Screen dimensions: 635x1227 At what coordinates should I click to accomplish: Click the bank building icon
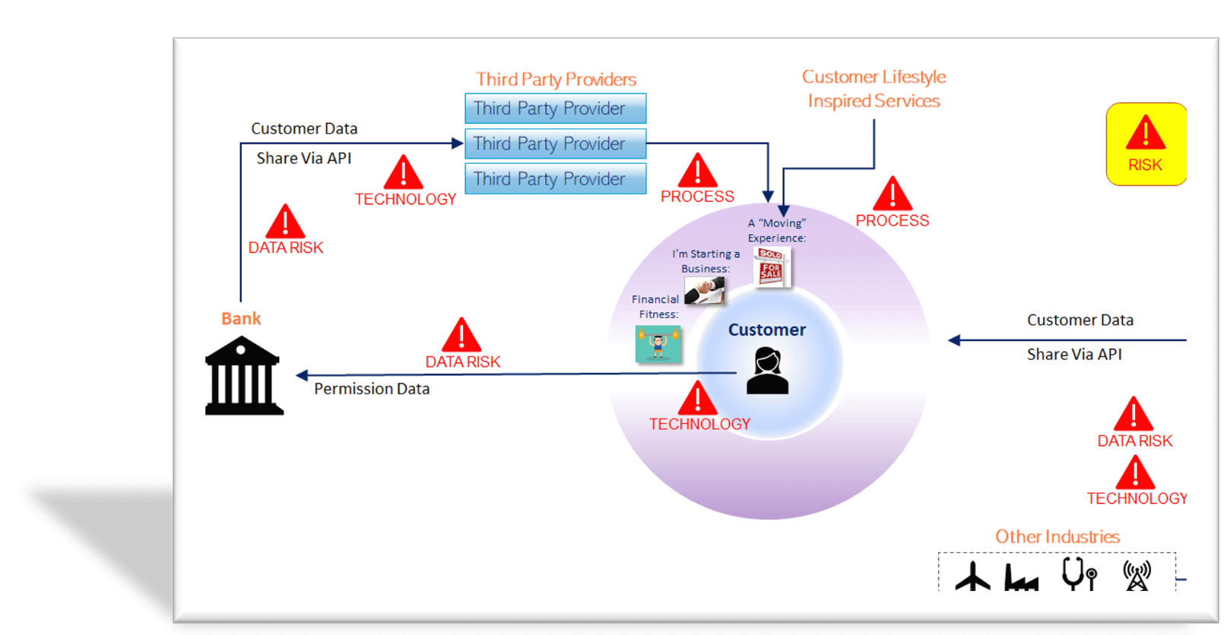243,376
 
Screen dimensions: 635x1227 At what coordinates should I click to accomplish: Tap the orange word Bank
241,319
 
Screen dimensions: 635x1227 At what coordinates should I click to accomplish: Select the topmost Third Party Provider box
555,109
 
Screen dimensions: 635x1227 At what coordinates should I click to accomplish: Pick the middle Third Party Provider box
555,144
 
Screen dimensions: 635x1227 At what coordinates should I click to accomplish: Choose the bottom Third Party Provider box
555,179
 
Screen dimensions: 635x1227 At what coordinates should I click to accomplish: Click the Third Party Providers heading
556,80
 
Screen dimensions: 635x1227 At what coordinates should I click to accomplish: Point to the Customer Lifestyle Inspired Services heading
873,89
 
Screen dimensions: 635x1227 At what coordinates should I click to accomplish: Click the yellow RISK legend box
1146,144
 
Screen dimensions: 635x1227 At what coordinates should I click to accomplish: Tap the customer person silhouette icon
767,371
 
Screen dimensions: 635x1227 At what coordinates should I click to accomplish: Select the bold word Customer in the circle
766,330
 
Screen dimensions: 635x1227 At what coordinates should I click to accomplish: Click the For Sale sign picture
772,267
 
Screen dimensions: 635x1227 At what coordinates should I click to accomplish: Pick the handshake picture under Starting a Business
704,290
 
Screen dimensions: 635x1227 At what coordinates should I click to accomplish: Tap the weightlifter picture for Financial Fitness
658,344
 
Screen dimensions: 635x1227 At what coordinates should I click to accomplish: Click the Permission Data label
372,389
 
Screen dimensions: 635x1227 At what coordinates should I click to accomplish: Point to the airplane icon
973,577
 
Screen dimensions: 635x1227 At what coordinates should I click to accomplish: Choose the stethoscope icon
1079,574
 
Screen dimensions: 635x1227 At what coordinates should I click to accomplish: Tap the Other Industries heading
1057,537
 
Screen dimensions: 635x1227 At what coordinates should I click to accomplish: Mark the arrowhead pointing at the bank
302,375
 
